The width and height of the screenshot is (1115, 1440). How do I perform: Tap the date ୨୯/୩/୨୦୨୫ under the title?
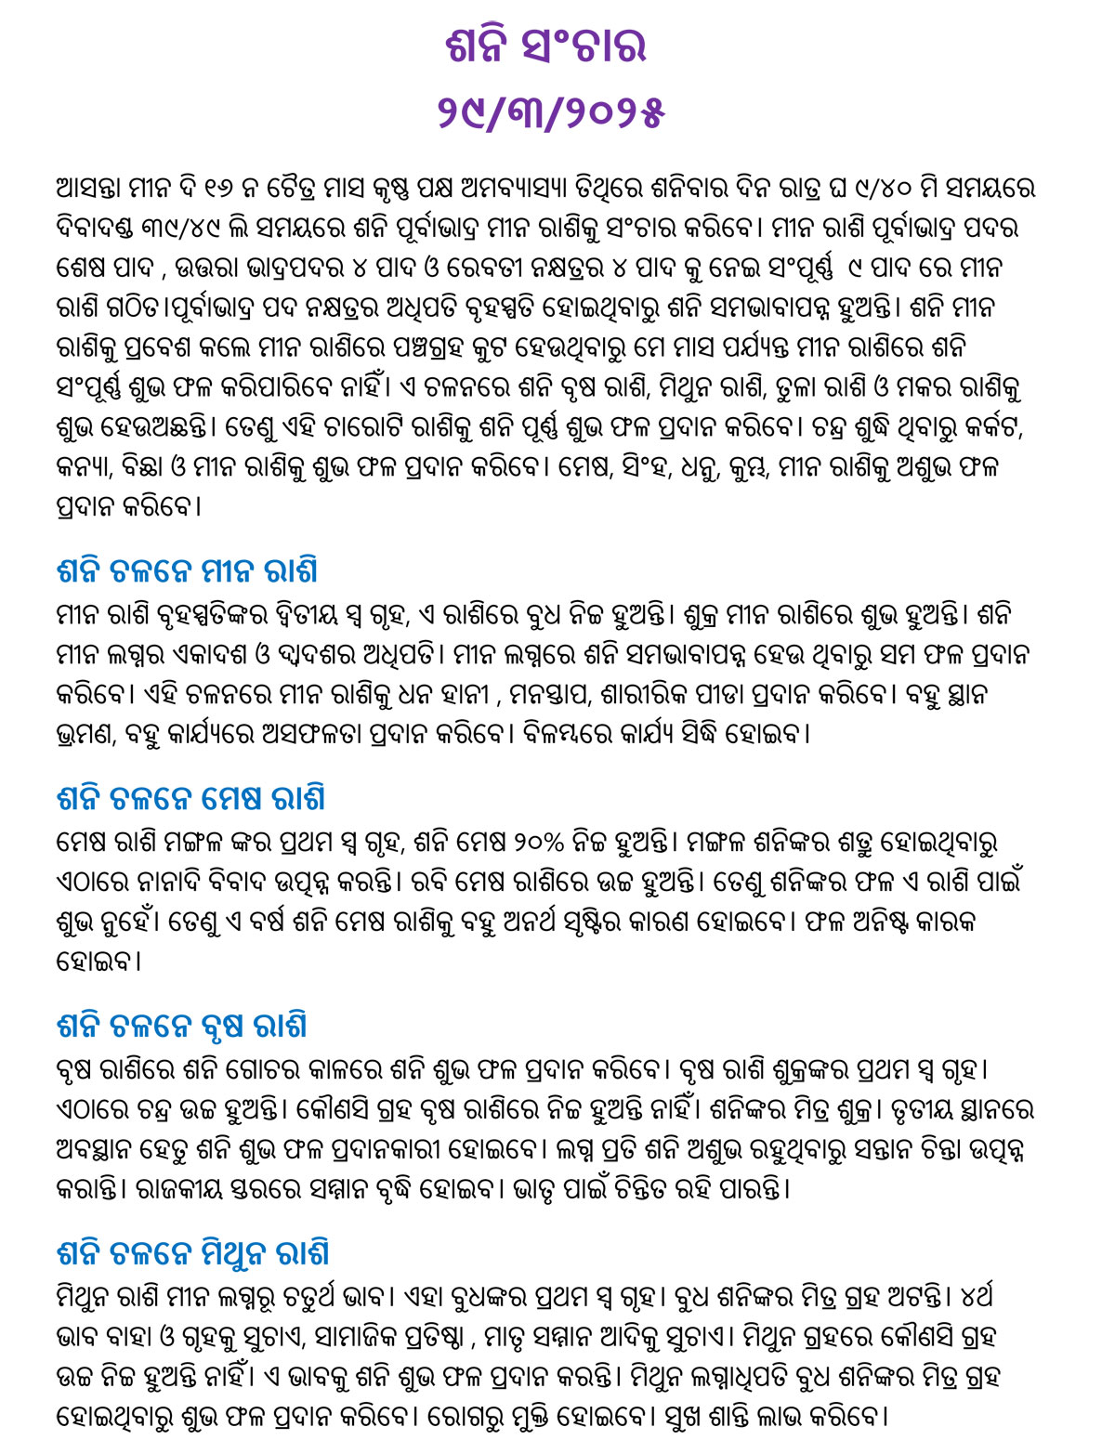point(551,112)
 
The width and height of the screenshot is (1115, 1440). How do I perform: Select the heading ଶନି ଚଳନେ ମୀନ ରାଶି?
point(188,570)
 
